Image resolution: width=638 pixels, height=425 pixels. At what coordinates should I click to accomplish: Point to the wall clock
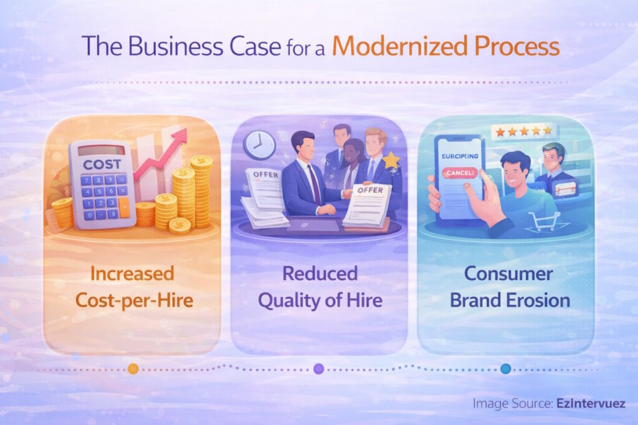[x=259, y=145]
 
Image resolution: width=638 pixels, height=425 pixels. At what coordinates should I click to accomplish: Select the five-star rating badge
[x=522, y=131]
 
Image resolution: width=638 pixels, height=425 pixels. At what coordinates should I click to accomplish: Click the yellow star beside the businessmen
[x=391, y=161]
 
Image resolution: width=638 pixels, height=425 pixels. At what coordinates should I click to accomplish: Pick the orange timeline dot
[x=133, y=368]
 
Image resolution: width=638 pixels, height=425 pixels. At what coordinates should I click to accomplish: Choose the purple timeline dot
[x=319, y=368]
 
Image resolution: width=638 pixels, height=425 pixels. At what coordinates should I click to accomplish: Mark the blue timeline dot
[x=505, y=368]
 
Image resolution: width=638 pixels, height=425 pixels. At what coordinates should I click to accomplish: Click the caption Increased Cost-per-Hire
[x=133, y=287]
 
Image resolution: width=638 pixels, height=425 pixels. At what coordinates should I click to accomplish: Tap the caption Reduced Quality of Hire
[x=319, y=287]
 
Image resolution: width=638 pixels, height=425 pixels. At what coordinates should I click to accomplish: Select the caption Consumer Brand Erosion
[x=505, y=287]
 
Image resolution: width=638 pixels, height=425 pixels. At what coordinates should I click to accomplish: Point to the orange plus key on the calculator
[x=125, y=208]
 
